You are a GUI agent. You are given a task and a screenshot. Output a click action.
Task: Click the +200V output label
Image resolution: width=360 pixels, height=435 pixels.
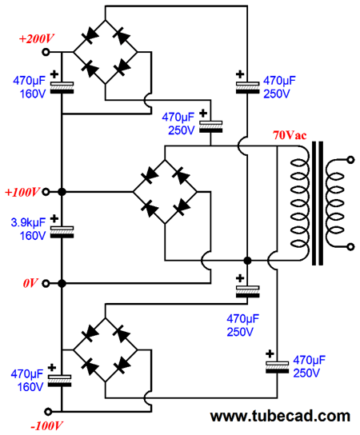36,39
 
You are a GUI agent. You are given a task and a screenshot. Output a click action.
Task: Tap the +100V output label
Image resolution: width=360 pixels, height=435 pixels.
22,192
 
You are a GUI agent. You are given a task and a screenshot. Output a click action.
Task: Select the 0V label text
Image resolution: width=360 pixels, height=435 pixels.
30,283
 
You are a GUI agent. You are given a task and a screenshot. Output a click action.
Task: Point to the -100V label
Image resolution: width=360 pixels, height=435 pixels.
46,426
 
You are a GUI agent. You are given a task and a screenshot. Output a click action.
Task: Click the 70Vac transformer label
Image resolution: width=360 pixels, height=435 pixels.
290,135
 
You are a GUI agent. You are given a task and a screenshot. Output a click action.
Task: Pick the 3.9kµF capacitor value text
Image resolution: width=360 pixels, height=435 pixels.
28,222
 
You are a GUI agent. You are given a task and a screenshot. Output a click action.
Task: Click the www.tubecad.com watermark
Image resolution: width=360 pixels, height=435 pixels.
280,416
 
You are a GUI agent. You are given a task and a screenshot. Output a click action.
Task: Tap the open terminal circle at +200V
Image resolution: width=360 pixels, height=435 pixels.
46,52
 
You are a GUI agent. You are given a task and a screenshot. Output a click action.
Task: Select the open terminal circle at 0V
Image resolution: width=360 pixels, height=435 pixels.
46,284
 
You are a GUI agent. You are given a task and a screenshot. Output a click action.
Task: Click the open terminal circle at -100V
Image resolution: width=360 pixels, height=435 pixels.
48,412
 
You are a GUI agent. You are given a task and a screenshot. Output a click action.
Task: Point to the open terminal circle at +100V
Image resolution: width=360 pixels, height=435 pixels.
46,192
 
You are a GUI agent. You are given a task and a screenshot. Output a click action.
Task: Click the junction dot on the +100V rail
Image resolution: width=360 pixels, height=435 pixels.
62,192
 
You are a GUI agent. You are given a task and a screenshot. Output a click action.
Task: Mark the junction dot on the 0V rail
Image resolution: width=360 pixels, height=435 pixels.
62,284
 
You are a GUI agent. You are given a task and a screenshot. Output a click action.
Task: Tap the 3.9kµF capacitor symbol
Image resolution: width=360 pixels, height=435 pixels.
62,232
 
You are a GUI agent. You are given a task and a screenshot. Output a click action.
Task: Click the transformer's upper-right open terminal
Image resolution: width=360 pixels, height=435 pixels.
351,160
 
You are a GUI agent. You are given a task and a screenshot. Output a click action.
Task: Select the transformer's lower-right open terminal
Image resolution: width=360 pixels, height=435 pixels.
351,246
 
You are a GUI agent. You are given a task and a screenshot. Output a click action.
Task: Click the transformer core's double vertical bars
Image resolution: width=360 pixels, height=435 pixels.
318,203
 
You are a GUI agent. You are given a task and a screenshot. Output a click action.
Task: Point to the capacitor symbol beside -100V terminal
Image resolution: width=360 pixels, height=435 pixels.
60,381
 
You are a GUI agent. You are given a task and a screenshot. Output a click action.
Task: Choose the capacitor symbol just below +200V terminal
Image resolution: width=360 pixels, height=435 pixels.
62,87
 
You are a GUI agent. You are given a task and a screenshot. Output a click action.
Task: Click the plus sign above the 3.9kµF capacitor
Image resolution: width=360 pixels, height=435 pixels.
54,218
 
